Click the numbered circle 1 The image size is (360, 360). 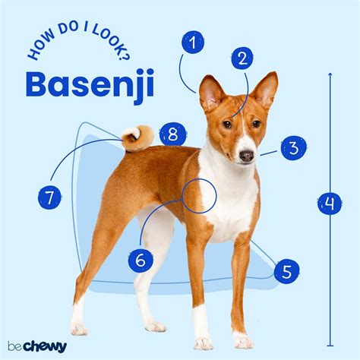pyautogui.click(x=193, y=43)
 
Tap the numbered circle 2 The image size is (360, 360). pyautogui.click(x=242, y=58)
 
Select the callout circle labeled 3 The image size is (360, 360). pyautogui.click(x=294, y=148)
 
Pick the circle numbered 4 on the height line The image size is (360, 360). pyautogui.click(x=330, y=203)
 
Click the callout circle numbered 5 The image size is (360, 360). pyautogui.click(x=287, y=272)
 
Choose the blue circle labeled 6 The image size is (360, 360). pyautogui.click(x=141, y=260)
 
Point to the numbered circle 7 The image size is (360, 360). pyautogui.click(x=49, y=197)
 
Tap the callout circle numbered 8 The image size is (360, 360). pyautogui.click(x=173, y=134)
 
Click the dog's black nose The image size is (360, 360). pyautogui.click(x=247, y=156)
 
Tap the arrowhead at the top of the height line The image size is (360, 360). pyautogui.click(x=330, y=74)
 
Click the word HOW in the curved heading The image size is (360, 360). pyautogui.click(x=41, y=48)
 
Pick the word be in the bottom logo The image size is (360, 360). pyautogui.click(x=14, y=346)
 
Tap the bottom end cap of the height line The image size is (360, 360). pyautogui.click(x=330, y=346)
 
